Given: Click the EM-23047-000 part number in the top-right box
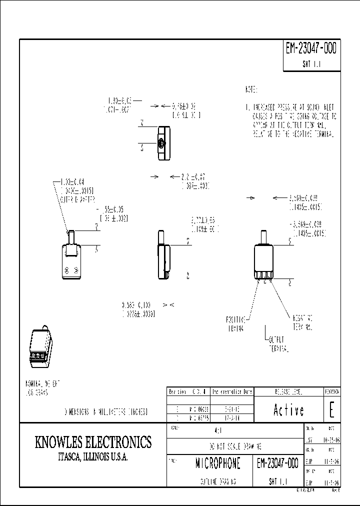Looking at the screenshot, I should (x=311, y=49).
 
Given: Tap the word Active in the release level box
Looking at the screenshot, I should (x=288, y=410).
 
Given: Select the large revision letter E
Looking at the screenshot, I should (x=331, y=409).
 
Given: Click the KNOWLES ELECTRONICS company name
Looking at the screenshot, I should (x=93, y=442).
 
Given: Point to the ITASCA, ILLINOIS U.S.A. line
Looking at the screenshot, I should (x=93, y=457).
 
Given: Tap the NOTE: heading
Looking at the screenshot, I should (x=251, y=90).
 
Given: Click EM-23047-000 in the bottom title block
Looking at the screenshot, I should (x=277, y=463).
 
